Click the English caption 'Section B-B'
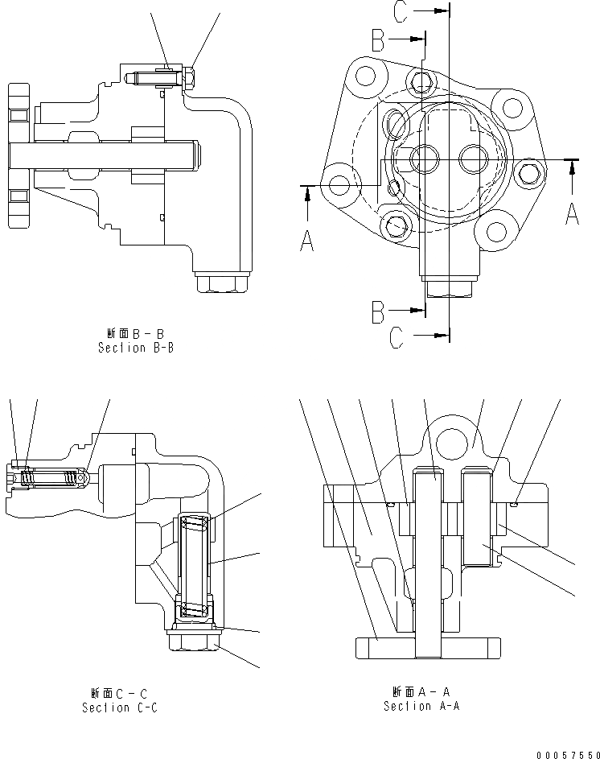[x=136, y=348]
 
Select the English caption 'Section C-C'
[x=119, y=707]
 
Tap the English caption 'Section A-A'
[x=421, y=706]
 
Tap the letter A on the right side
[x=572, y=213]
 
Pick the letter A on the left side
[x=307, y=239]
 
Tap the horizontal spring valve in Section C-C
[x=50, y=479]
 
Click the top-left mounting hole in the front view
[x=367, y=77]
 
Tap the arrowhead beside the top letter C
[x=438, y=11]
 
